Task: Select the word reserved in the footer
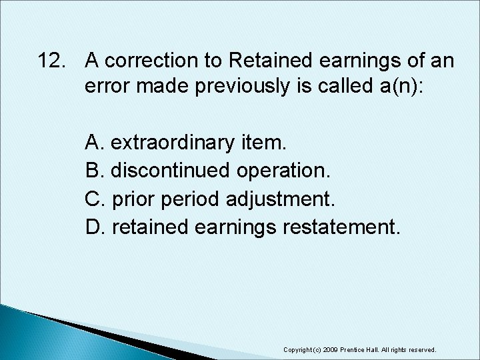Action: pyautogui.click(x=421, y=349)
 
